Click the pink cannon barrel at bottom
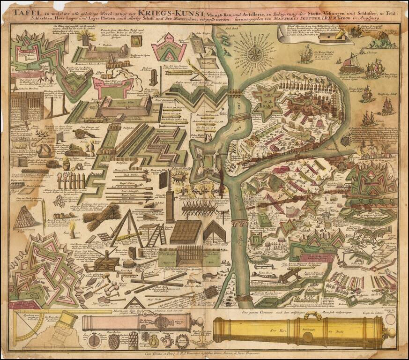(136, 322)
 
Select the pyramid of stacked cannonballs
(27, 218)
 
